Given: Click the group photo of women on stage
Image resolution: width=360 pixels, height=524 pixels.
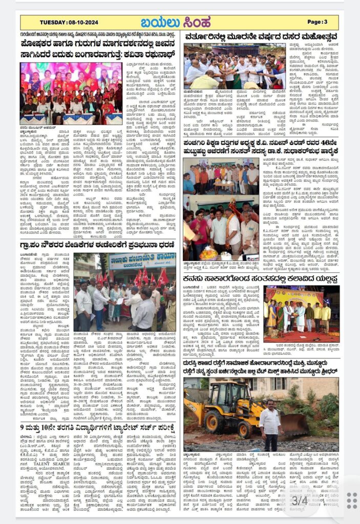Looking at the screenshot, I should pyautogui.click(x=71, y=93).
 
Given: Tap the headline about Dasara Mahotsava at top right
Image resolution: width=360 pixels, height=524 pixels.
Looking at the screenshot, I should pyautogui.click(x=262, y=37).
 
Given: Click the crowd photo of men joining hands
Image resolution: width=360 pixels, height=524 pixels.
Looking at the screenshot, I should pyautogui.click(x=235, y=66).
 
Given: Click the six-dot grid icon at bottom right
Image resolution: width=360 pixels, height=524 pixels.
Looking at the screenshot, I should pyautogui.click(x=351, y=500).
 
